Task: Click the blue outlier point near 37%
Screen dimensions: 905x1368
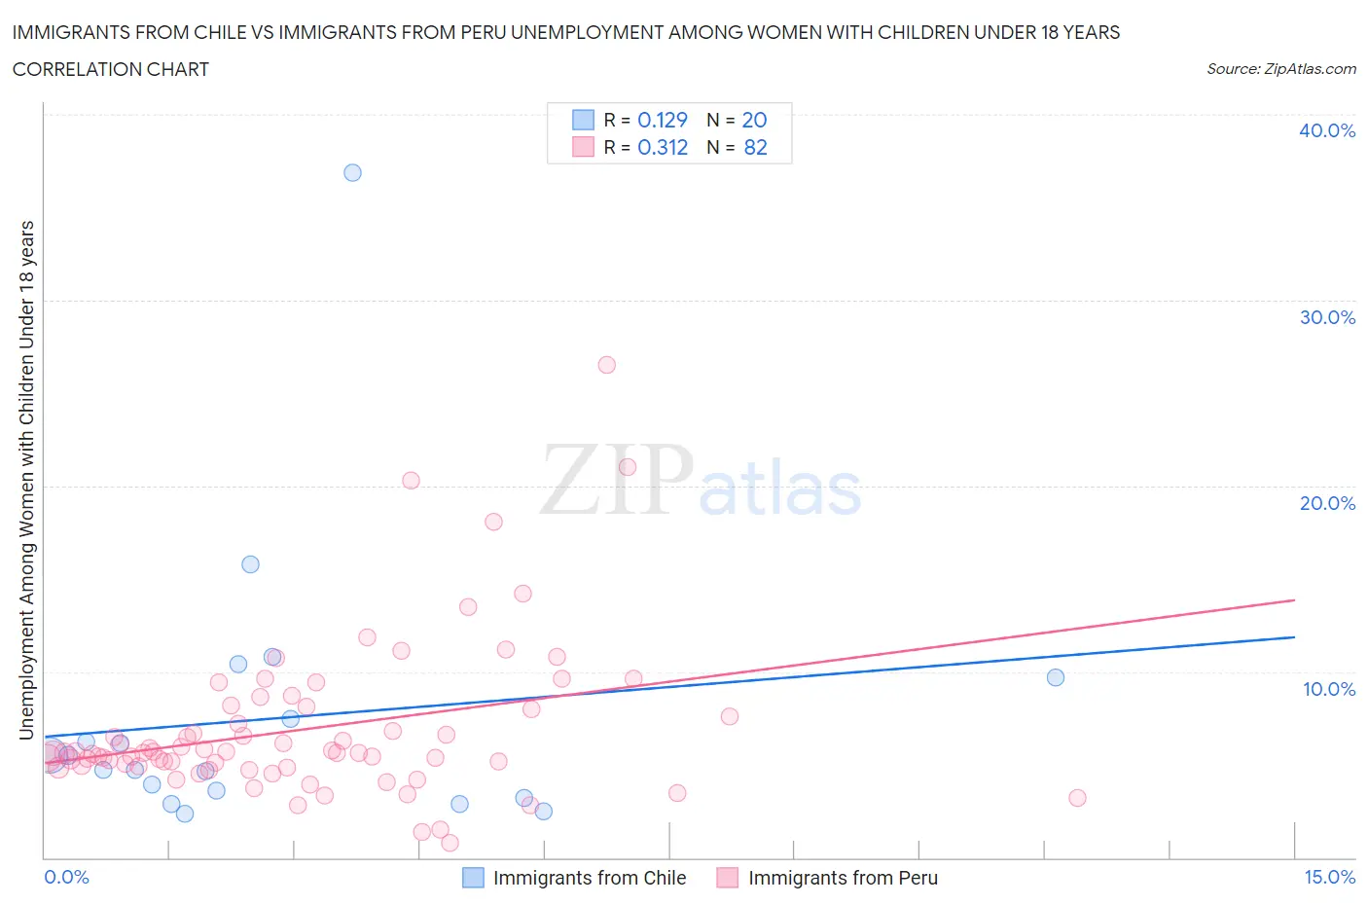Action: (x=352, y=172)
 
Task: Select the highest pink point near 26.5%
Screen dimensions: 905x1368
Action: (x=606, y=365)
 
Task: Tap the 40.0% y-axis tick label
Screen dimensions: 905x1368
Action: (x=1327, y=130)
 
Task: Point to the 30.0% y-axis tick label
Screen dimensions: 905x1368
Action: (x=1327, y=317)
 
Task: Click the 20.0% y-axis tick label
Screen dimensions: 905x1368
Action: (x=1327, y=503)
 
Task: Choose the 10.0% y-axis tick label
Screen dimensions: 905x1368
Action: (x=1327, y=689)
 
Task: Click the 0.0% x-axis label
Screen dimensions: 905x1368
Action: (x=66, y=877)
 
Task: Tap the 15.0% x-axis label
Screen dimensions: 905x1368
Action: (x=1329, y=877)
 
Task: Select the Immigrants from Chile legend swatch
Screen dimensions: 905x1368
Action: (x=473, y=878)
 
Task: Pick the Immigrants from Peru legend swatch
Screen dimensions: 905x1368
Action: (x=727, y=878)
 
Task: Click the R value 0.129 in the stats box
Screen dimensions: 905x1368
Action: (x=662, y=120)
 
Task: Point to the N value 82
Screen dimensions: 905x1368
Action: (x=755, y=147)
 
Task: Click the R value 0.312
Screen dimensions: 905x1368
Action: (x=662, y=147)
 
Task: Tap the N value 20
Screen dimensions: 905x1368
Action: (x=754, y=120)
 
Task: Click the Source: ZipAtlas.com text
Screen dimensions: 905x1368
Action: (x=1280, y=68)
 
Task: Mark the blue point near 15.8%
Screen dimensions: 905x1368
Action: (x=250, y=564)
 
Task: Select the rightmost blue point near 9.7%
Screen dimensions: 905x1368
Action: (x=1056, y=677)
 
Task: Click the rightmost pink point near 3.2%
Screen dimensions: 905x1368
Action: (x=1077, y=798)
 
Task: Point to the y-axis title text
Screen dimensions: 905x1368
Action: (x=26, y=480)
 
